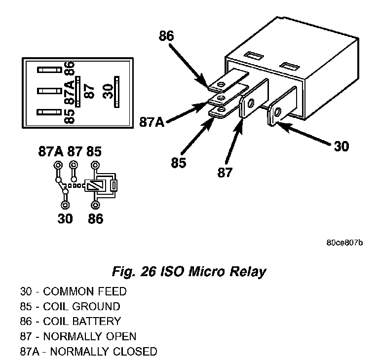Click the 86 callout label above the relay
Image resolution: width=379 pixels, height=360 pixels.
166,36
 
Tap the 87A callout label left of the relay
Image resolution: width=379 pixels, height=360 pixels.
152,122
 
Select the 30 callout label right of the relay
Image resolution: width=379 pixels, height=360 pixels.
341,146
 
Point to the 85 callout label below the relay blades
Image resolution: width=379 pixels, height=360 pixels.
179,162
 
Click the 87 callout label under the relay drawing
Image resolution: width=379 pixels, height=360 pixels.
225,173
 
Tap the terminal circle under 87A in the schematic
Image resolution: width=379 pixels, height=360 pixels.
58,166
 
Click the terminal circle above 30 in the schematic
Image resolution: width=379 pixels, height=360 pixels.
65,205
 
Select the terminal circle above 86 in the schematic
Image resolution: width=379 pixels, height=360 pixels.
95,205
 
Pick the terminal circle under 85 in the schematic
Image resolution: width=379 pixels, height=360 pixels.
95,166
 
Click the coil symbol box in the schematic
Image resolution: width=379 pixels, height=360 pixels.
95,185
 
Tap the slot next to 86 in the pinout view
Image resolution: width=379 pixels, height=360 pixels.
49,70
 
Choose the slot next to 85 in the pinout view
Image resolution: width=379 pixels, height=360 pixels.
49,112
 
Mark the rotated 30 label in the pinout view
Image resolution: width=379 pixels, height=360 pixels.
108,91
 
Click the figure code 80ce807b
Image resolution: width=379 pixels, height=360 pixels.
344,243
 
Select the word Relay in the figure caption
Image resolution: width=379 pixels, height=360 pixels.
248,272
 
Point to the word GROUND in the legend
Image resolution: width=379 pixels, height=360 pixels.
96,306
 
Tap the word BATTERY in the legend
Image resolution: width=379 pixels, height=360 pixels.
96,322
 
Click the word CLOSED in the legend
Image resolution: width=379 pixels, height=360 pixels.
135,351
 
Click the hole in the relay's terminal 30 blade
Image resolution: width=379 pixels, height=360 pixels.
278,112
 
